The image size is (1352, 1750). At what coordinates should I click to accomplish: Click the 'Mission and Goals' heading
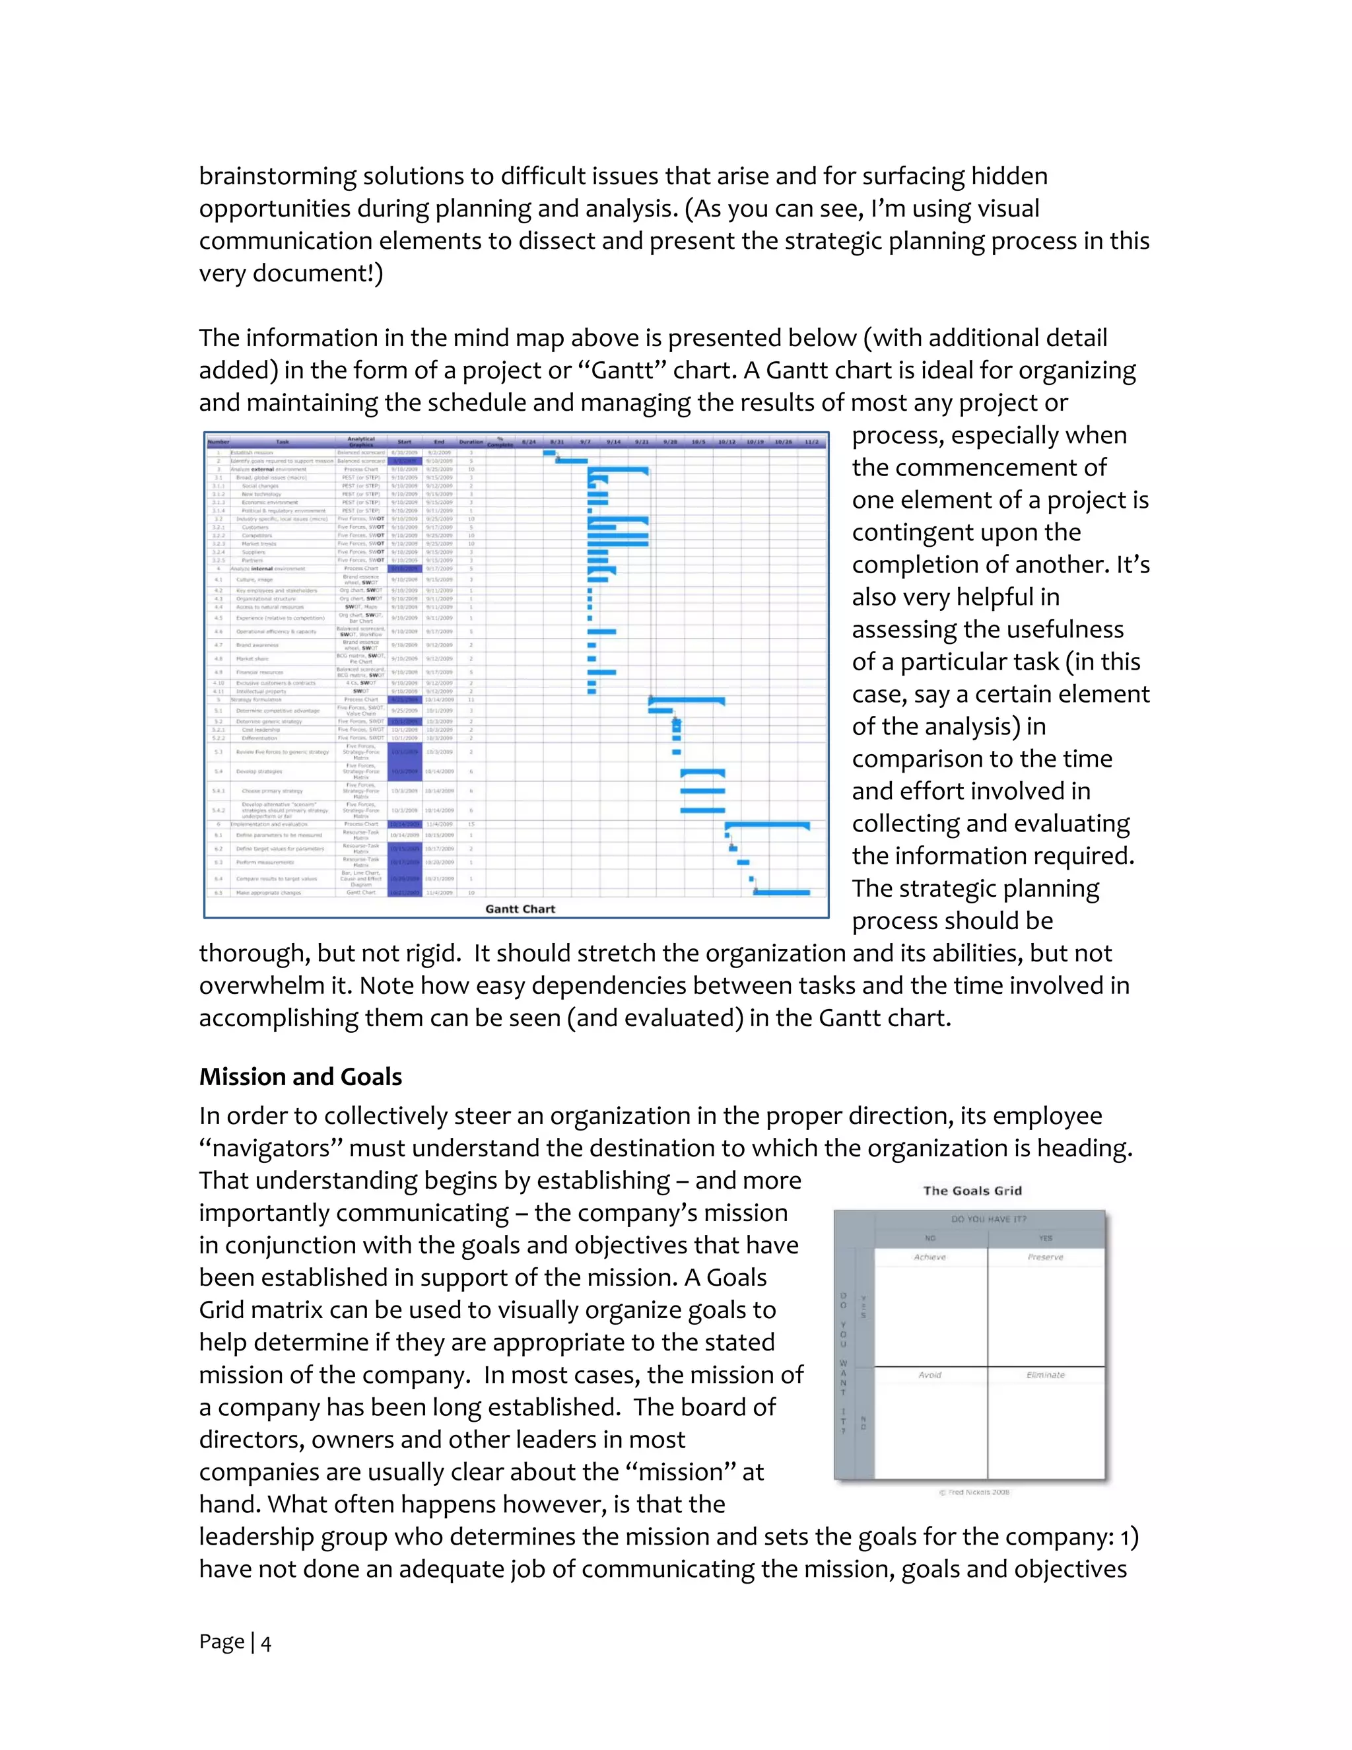point(300,1077)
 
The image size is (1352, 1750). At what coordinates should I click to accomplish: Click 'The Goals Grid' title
point(972,1191)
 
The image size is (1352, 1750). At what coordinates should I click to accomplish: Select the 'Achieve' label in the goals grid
point(930,1257)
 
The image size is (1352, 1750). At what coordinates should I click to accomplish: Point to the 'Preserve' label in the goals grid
point(1045,1257)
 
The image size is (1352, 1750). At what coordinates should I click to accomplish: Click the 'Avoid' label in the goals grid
point(930,1375)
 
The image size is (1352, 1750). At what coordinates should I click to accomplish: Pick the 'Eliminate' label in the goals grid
point(1045,1375)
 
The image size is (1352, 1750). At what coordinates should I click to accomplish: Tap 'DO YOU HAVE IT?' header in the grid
point(988,1219)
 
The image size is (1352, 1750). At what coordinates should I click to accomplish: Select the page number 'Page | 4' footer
point(234,1642)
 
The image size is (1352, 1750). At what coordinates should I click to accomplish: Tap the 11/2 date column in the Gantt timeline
point(811,442)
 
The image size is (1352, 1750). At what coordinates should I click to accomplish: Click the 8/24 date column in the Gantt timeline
point(529,442)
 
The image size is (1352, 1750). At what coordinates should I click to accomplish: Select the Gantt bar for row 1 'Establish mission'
point(549,453)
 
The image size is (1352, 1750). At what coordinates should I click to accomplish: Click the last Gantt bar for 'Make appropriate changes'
point(782,892)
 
